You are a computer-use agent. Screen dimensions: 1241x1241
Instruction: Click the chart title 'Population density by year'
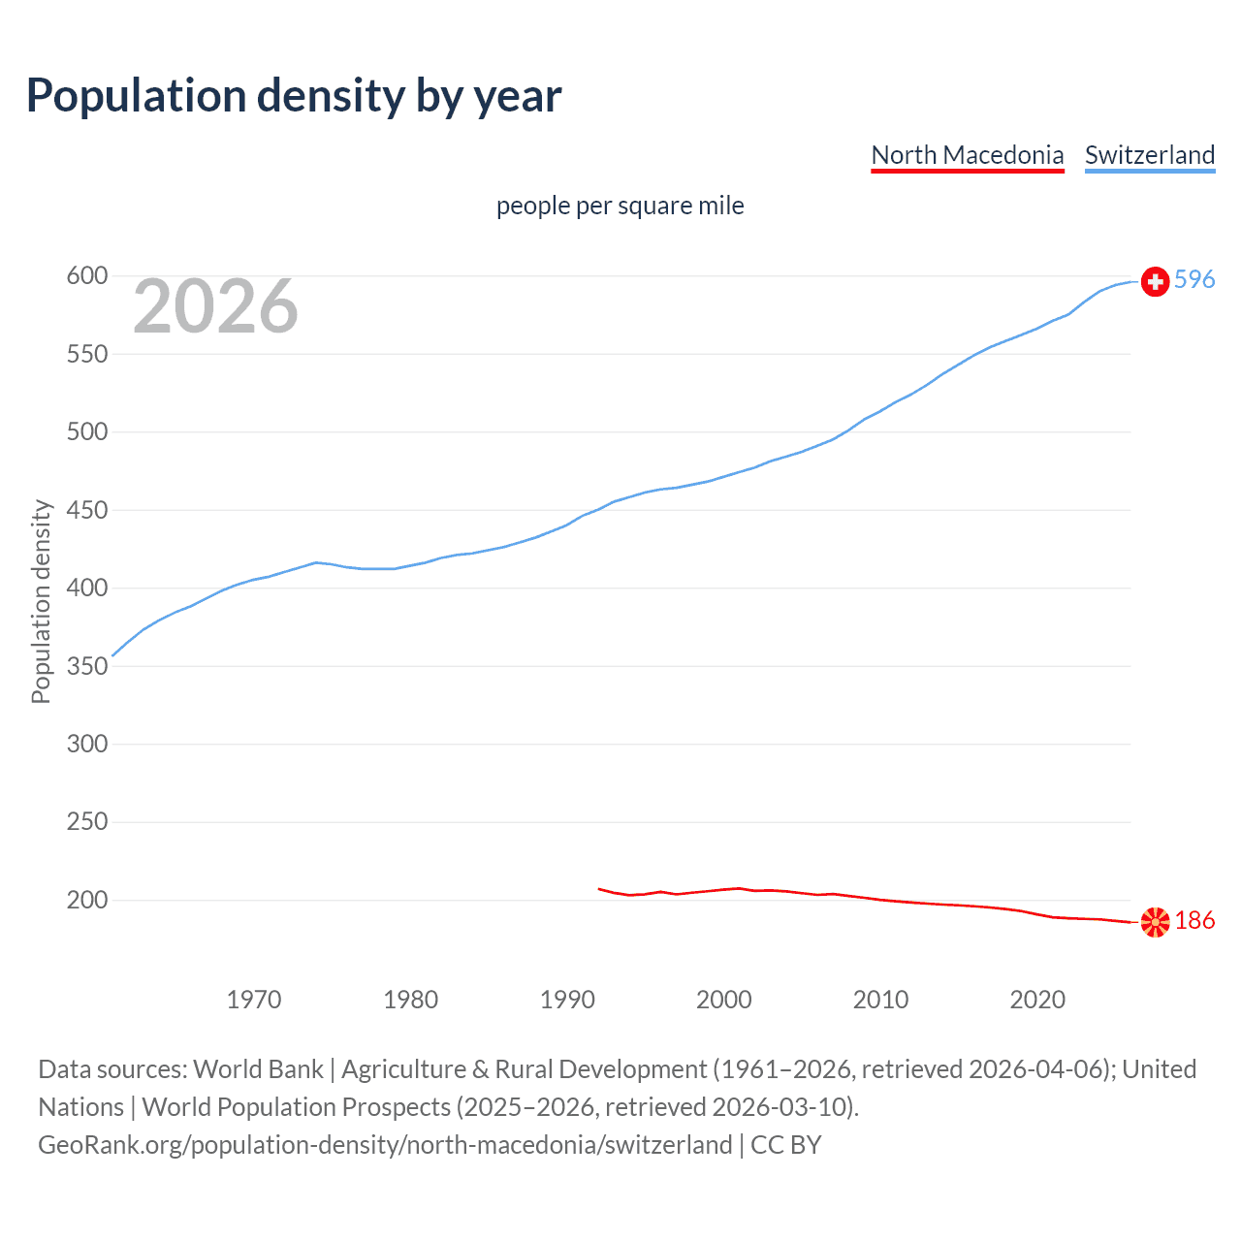click(294, 96)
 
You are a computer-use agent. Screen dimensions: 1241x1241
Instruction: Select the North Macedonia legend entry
click(967, 155)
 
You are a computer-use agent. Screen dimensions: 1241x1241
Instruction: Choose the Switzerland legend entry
click(1149, 155)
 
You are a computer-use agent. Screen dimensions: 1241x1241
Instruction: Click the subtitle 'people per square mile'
click(620, 206)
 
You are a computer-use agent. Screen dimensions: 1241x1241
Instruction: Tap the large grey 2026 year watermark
click(215, 306)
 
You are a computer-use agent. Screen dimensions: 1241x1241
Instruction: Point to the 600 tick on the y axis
click(86, 276)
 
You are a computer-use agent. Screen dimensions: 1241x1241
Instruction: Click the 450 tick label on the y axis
click(86, 510)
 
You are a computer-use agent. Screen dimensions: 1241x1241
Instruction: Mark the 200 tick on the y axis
click(86, 900)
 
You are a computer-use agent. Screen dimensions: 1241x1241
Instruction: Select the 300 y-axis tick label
click(86, 744)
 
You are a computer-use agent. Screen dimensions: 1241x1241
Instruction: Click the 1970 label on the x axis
click(254, 1000)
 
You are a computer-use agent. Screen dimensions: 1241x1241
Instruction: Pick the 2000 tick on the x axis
click(724, 1000)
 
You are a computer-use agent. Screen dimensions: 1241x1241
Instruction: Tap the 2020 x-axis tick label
click(1037, 1000)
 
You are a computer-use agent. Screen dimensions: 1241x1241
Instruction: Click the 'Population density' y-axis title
click(41, 601)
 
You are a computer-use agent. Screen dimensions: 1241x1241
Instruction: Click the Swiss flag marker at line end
click(1155, 281)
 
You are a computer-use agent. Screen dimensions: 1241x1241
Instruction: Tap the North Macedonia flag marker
click(1155, 922)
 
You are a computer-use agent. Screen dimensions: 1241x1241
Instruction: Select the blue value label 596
click(1194, 280)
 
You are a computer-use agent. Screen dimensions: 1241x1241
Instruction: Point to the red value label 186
click(1194, 920)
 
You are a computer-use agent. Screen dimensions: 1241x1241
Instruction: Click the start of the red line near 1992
click(600, 888)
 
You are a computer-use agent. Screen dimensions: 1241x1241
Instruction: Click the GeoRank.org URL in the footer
click(385, 1145)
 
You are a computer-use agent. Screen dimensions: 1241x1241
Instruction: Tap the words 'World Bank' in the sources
click(258, 1069)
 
